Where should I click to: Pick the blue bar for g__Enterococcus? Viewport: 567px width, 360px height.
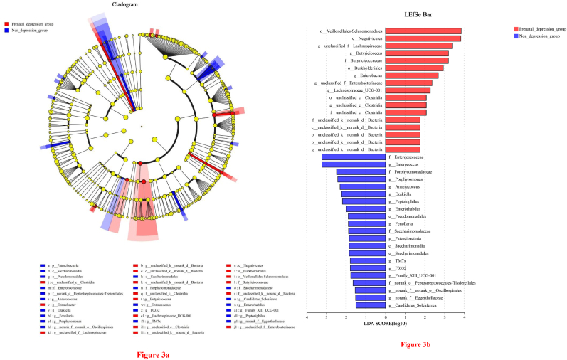[354, 164]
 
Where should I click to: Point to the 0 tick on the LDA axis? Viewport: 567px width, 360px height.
[386, 317]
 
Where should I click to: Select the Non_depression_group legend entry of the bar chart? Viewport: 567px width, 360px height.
[539, 35]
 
